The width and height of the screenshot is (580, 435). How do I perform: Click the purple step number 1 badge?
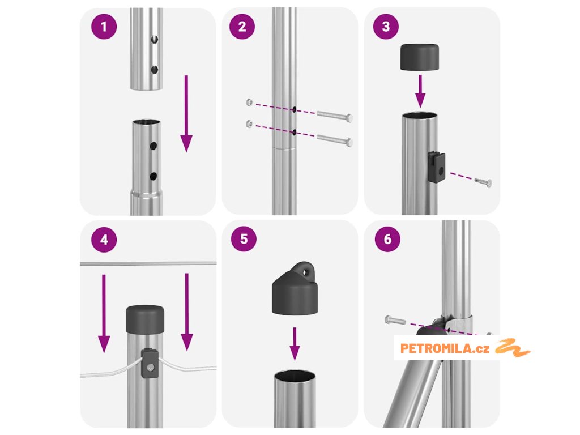click(x=104, y=27)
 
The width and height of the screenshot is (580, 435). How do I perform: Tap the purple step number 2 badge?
click(x=242, y=26)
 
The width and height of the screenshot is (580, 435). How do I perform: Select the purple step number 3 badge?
click(x=386, y=26)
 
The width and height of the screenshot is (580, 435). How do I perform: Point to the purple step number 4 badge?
click(x=104, y=240)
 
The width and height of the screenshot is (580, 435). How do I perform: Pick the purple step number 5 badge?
click(x=244, y=239)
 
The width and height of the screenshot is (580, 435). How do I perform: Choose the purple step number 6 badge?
click(x=387, y=239)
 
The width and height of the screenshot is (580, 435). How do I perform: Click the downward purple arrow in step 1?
click(x=186, y=113)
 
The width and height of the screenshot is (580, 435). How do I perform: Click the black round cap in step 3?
click(x=420, y=57)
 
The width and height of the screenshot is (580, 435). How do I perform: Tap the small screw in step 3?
click(x=483, y=182)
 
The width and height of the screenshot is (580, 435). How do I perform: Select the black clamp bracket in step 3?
click(x=437, y=167)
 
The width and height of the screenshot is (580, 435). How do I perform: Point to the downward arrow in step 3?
click(x=420, y=91)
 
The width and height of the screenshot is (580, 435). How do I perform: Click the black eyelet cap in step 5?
click(x=295, y=288)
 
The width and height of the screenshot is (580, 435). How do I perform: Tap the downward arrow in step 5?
click(x=295, y=344)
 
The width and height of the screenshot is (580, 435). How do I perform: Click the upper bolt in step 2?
click(x=335, y=116)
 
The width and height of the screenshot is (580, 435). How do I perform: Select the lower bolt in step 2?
click(x=335, y=140)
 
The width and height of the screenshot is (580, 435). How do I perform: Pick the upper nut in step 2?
click(x=250, y=103)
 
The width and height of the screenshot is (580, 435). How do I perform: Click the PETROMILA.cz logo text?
click(x=445, y=348)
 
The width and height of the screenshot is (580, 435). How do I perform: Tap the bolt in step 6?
click(x=395, y=320)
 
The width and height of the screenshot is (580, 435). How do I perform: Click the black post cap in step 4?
click(x=145, y=319)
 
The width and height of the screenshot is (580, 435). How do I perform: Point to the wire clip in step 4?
click(x=150, y=363)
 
